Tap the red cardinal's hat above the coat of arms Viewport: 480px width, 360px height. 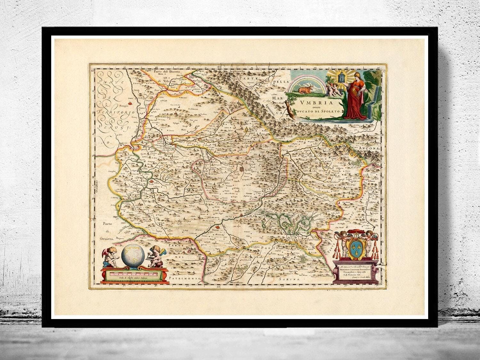click(x=354, y=231)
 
